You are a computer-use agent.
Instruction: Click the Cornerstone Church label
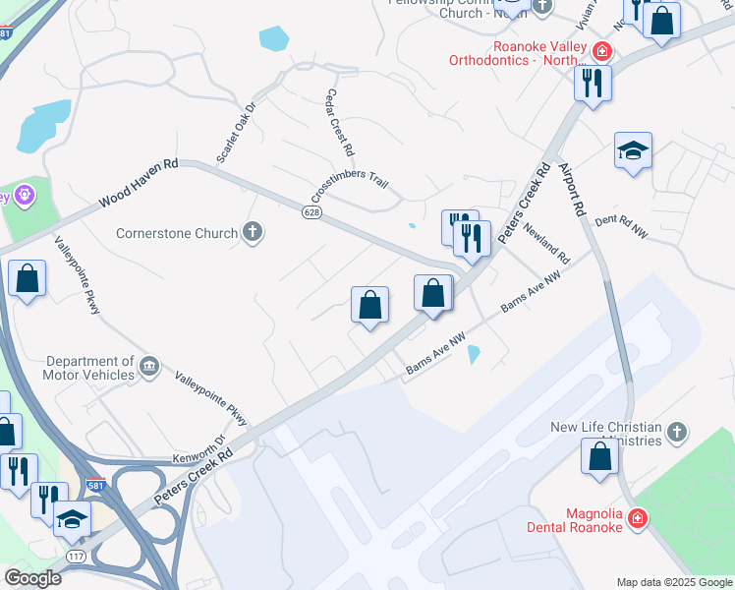point(177,234)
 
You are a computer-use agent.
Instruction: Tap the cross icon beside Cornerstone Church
point(253,233)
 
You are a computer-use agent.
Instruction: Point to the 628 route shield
point(311,214)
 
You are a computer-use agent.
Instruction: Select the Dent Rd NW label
point(622,227)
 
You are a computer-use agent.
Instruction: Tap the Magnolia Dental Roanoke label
point(595,519)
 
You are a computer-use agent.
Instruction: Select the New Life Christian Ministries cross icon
point(676,432)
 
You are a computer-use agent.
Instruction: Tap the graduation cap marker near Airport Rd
point(633,151)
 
